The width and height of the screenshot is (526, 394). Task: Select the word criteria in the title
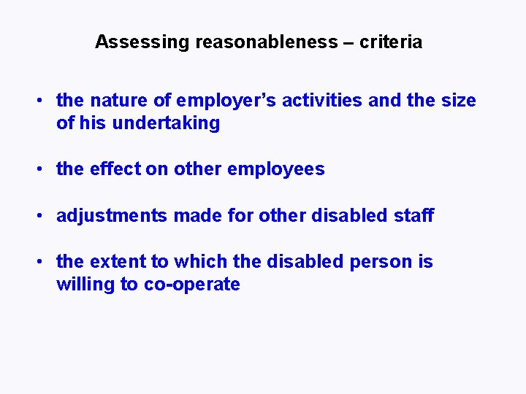[x=391, y=42]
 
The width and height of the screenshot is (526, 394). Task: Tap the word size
[x=457, y=101]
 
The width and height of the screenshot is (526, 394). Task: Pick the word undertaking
[x=166, y=123]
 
